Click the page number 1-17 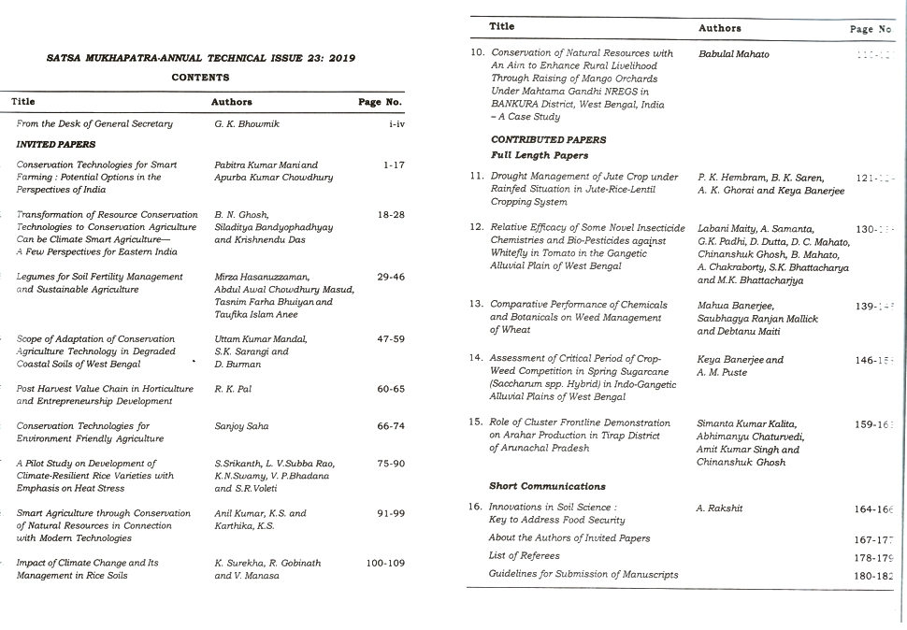tap(393, 165)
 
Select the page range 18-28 tap(391, 215)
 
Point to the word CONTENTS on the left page tap(200, 78)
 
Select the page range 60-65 tap(391, 389)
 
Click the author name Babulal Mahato tap(734, 54)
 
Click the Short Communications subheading tap(547, 486)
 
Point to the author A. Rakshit tap(719, 508)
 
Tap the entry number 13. tap(475, 305)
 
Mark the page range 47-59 tap(391, 339)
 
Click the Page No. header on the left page tap(381, 102)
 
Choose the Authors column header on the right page tap(720, 28)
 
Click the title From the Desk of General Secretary tap(95, 123)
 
